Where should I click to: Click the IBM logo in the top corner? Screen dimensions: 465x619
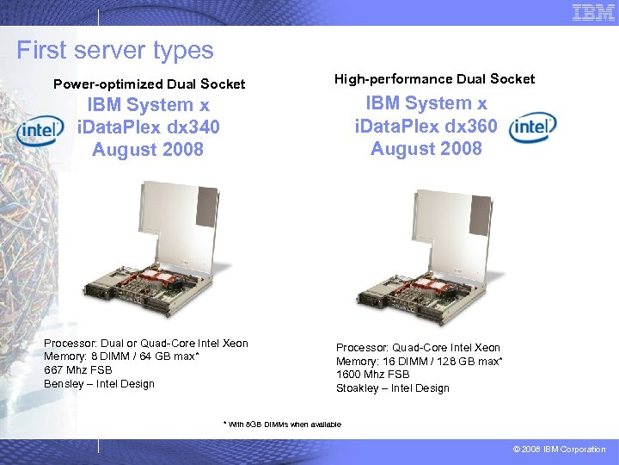pyautogui.click(x=593, y=12)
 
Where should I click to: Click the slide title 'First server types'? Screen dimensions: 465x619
pyautogui.click(x=114, y=50)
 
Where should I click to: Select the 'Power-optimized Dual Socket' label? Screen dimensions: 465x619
pyautogui.click(x=149, y=84)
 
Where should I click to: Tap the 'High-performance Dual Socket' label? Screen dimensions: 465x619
pyautogui.click(x=434, y=79)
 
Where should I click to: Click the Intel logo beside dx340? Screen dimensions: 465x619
pyautogui.click(x=40, y=130)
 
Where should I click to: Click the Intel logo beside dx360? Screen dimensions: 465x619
pyautogui.click(x=533, y=127)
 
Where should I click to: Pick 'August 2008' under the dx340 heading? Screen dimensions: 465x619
pyautogui.click(x=148, y=149)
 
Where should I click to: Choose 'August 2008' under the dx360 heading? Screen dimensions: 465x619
pyautogui.click(x=426, y=148)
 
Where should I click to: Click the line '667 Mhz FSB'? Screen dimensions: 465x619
pyautogui.click(x=78, y=370)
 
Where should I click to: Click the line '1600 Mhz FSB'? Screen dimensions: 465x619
pyautogui.click(x=373, y=375)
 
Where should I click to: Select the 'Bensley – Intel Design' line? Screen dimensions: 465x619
pyautogui.click(x=99, y=383)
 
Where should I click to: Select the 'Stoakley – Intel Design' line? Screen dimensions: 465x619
pyautogui.click(x=392, y=388)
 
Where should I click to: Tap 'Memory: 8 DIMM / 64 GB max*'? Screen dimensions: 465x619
pyautogui.click(x=121, y=356)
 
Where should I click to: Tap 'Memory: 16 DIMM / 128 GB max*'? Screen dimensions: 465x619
pyautogui.click(x=419, y=362)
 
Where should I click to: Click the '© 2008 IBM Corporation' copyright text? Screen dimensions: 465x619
pyautogui.click(x=560, y=449)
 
